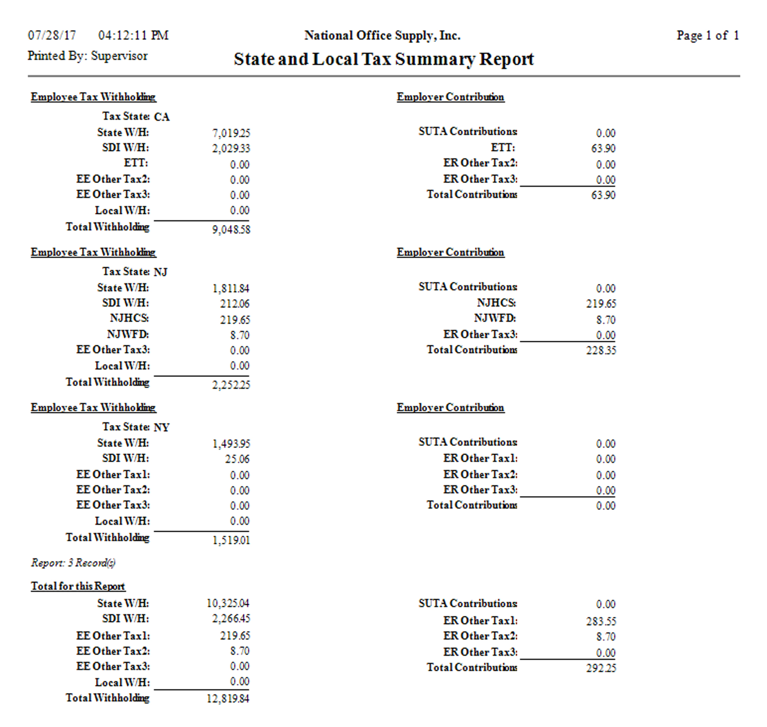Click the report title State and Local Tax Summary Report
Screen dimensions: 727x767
point(383,59)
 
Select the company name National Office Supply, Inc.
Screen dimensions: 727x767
point(382,36)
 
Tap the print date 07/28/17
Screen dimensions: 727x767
point(52,36)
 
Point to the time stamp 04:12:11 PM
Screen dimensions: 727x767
point(133,36)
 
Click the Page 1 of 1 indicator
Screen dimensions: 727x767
point(708,36)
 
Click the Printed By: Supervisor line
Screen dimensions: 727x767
point(87,56)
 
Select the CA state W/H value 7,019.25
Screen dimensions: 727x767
point(231,133)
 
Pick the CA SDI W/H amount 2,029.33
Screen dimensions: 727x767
point(231,149)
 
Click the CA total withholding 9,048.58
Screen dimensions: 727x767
point(231,230)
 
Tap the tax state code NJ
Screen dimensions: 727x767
point(161,272)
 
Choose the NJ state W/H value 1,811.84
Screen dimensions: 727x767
point(231,289)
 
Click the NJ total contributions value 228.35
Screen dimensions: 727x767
point(601,351)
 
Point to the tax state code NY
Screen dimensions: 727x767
point(161,428)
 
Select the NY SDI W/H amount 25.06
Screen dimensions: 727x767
point(237,459)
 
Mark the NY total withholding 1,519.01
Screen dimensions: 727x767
point(231,540)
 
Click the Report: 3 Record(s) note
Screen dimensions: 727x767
point(73,563)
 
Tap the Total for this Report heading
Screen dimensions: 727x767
point(78,586)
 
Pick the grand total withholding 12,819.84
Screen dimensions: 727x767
point(228,699)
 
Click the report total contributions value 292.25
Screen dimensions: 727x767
point(601,668)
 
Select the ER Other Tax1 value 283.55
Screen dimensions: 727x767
point(601,621)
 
